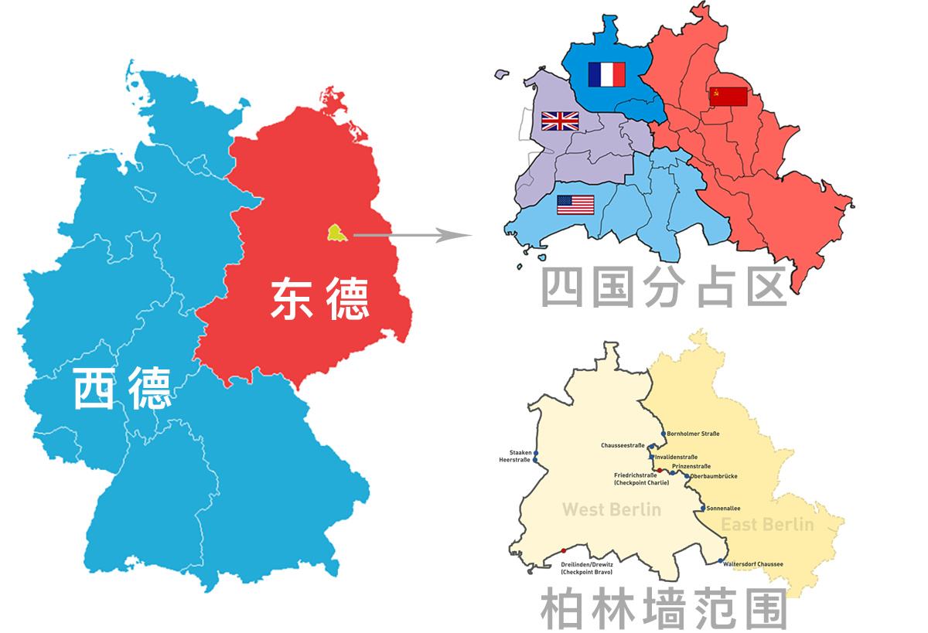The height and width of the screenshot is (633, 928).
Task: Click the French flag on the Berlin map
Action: click(x=606, y=74)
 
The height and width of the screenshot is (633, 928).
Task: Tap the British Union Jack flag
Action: click(x=560, y=121)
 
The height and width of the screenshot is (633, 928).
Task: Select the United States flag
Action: click(x=575, y=205)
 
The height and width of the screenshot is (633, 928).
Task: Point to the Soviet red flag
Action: click(x=728, y=97)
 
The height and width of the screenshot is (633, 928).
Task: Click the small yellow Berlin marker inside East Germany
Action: click(x=336, y=233)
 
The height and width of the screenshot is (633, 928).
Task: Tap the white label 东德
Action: click(x=319, y=300)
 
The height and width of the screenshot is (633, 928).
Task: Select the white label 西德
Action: click(x=122, y=388)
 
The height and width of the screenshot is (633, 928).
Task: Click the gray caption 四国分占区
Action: click(x=663, y=288)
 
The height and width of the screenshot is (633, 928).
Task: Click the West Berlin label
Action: click(x=611, y=509)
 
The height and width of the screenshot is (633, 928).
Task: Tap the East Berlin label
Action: click(x=767, y=525)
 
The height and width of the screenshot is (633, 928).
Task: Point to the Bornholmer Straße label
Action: click(x=693, y=434)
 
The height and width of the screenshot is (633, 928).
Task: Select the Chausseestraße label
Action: click(x=623, y=445)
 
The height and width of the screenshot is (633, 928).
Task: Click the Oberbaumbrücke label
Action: click(x=719, y=476)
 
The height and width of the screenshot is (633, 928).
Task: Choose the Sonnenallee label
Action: click(x=724, y=509)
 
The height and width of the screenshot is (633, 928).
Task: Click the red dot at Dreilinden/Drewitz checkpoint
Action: click(x=564, y=550)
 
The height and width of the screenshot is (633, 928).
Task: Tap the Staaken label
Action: click(x=520, y=452)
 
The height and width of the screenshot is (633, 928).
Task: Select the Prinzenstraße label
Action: click(x=691, y=467)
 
